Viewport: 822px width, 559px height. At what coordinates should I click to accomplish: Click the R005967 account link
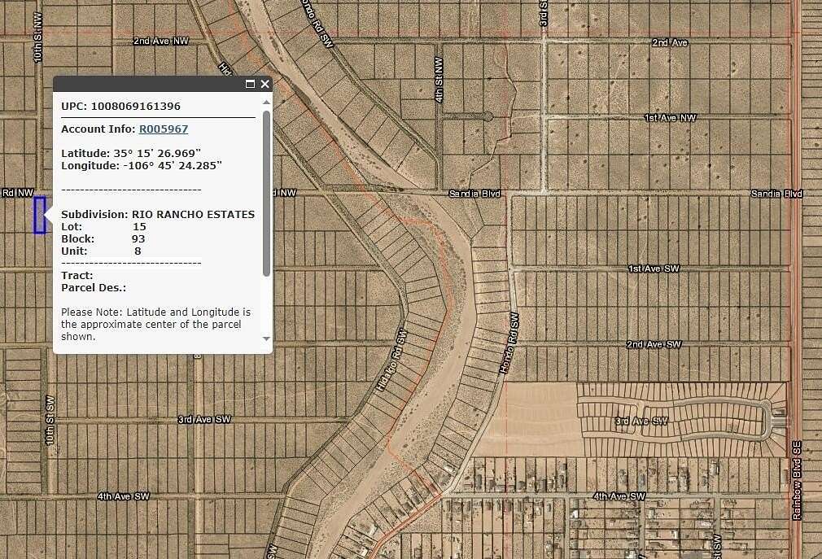coord(163,129)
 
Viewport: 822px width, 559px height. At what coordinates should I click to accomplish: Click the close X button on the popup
coord(265,84)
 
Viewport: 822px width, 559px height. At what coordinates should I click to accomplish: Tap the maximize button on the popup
coord(250,84)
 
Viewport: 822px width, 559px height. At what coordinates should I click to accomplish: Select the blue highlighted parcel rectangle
coord(39,215)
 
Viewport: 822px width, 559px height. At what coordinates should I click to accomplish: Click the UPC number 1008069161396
coord(136,106)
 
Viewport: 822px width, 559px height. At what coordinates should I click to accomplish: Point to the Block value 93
coord(138,238)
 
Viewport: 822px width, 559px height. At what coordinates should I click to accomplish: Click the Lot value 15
coord(139,226)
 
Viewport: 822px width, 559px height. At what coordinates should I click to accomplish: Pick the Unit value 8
coord(138,251)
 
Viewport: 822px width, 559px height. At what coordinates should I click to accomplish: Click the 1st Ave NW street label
coord(670,118)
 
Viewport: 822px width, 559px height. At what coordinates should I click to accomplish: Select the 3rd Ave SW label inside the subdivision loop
coord(641,421)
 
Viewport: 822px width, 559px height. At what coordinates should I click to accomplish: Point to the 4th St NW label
coord(439,79)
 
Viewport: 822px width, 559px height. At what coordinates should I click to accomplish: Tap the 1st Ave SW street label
coord(654,268)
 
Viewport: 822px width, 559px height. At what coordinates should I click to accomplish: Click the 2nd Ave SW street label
coord(653,344)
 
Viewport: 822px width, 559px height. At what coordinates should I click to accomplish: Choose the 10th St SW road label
coord(50,420)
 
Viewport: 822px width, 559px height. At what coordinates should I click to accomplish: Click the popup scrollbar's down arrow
coord(266,338)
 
